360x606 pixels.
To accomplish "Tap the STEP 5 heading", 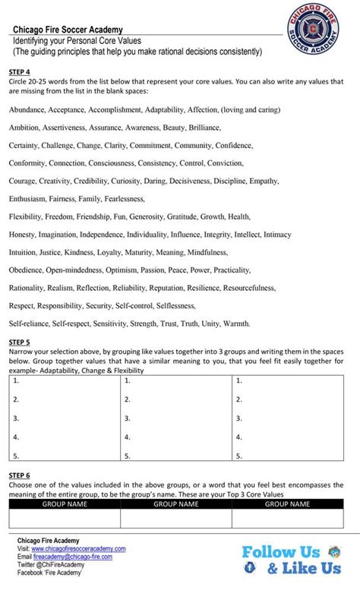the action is click(20, 342).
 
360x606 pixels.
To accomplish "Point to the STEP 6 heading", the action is click(20, 475).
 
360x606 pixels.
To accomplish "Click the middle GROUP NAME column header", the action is click(176, 503).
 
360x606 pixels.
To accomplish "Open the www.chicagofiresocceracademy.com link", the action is click(78, 548).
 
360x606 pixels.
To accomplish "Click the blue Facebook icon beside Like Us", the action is click(249, 568).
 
